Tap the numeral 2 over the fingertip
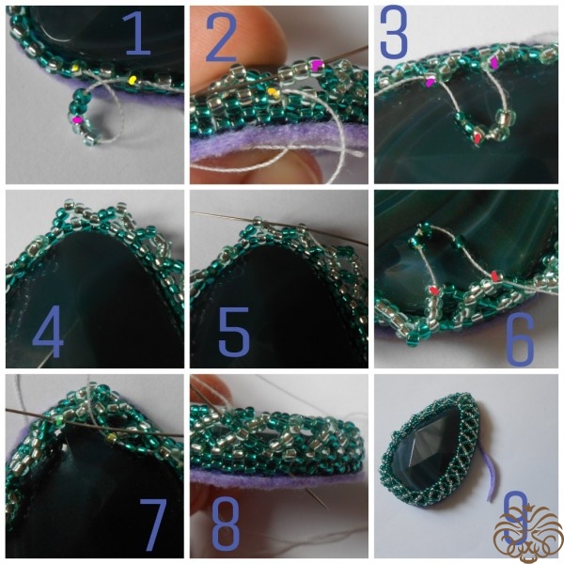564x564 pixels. tap(221, 39)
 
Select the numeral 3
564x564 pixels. tap(394, 32)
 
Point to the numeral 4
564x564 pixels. tap(48, 331)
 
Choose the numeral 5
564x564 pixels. tap(234, 331)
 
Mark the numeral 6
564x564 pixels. tap(520, 337)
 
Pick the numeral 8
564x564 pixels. tap(226, 524)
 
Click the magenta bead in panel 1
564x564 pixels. tap(76, 119)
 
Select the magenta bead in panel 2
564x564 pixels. tap(317, 65)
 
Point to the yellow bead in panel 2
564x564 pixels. tap(274, 93)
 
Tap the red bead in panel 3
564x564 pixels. tap(478, 138)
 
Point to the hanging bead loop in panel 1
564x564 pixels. tap(81, 118)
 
